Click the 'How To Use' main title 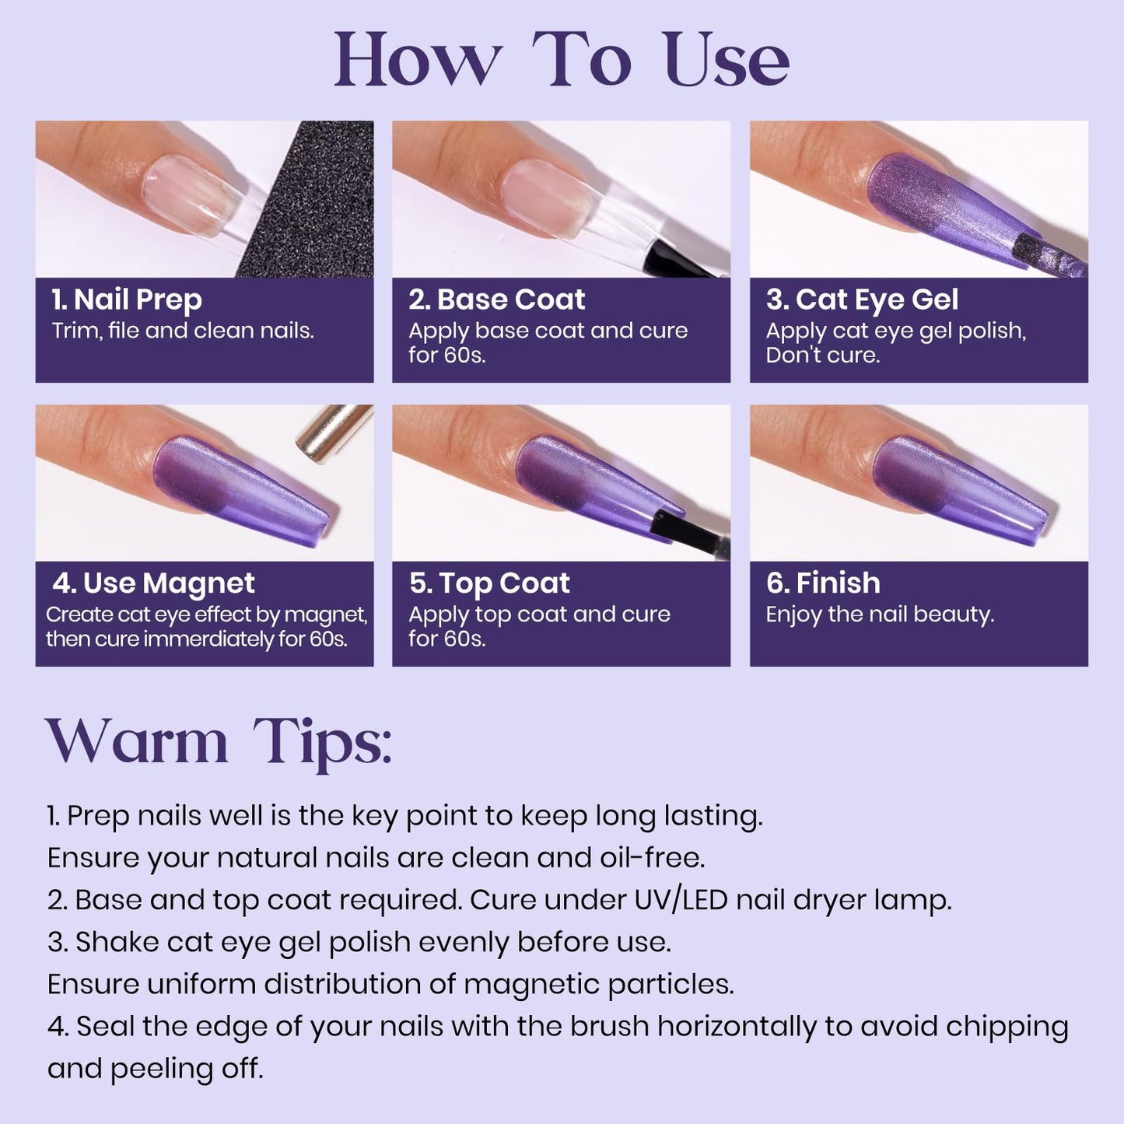(562, 61)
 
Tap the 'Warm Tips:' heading (219, 741)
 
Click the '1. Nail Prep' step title (127, 299)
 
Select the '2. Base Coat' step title (497, 299)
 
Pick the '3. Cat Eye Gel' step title (862, 299)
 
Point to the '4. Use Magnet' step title (153, 583)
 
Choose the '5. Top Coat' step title (489, 583)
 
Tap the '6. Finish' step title (823, 583)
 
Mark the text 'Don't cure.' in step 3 (823, 355)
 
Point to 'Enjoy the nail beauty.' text (880, 615)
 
